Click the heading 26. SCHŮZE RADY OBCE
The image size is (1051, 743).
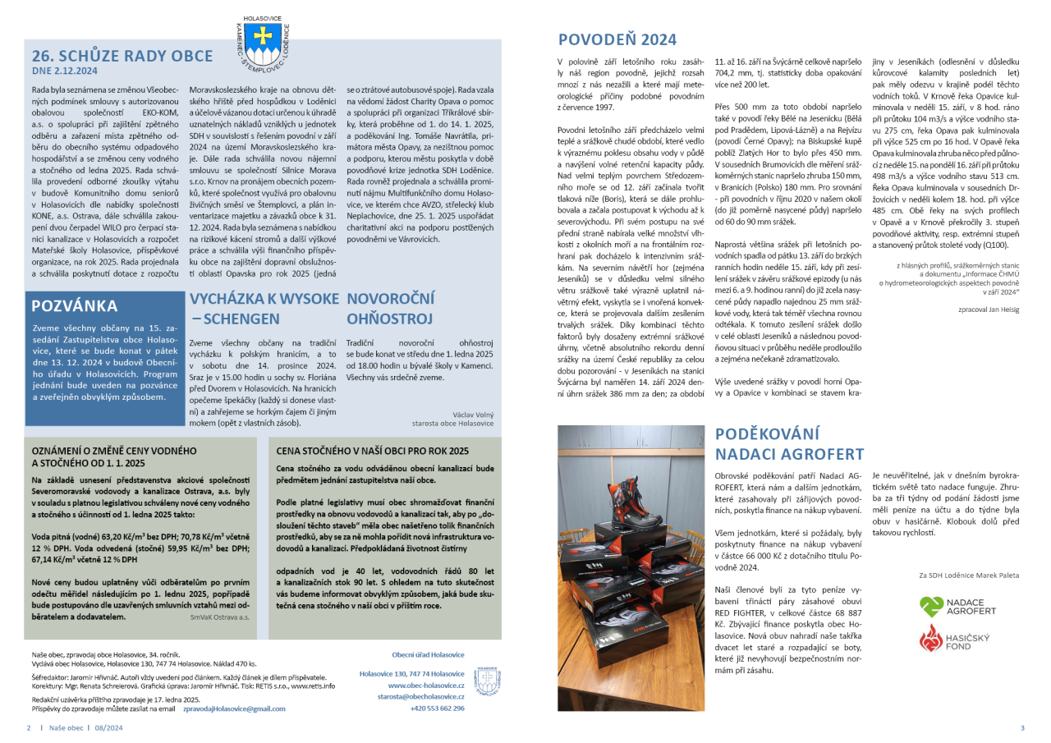point(122,56)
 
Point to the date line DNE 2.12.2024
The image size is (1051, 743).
point(65,71)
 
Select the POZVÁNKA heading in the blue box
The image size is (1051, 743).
point(74,306)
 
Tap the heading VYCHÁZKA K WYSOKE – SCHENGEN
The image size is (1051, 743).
point(264,307)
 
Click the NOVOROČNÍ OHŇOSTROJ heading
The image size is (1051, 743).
point(389,307)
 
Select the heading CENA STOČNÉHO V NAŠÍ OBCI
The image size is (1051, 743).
point(373,451)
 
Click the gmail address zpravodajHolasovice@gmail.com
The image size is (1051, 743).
point(234,708)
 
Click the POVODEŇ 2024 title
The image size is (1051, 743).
point(617,39)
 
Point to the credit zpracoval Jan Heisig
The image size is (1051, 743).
point(988,310)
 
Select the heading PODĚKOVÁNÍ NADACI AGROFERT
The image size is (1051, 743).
point(789,444)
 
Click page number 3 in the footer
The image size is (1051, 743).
point(1022,727)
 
